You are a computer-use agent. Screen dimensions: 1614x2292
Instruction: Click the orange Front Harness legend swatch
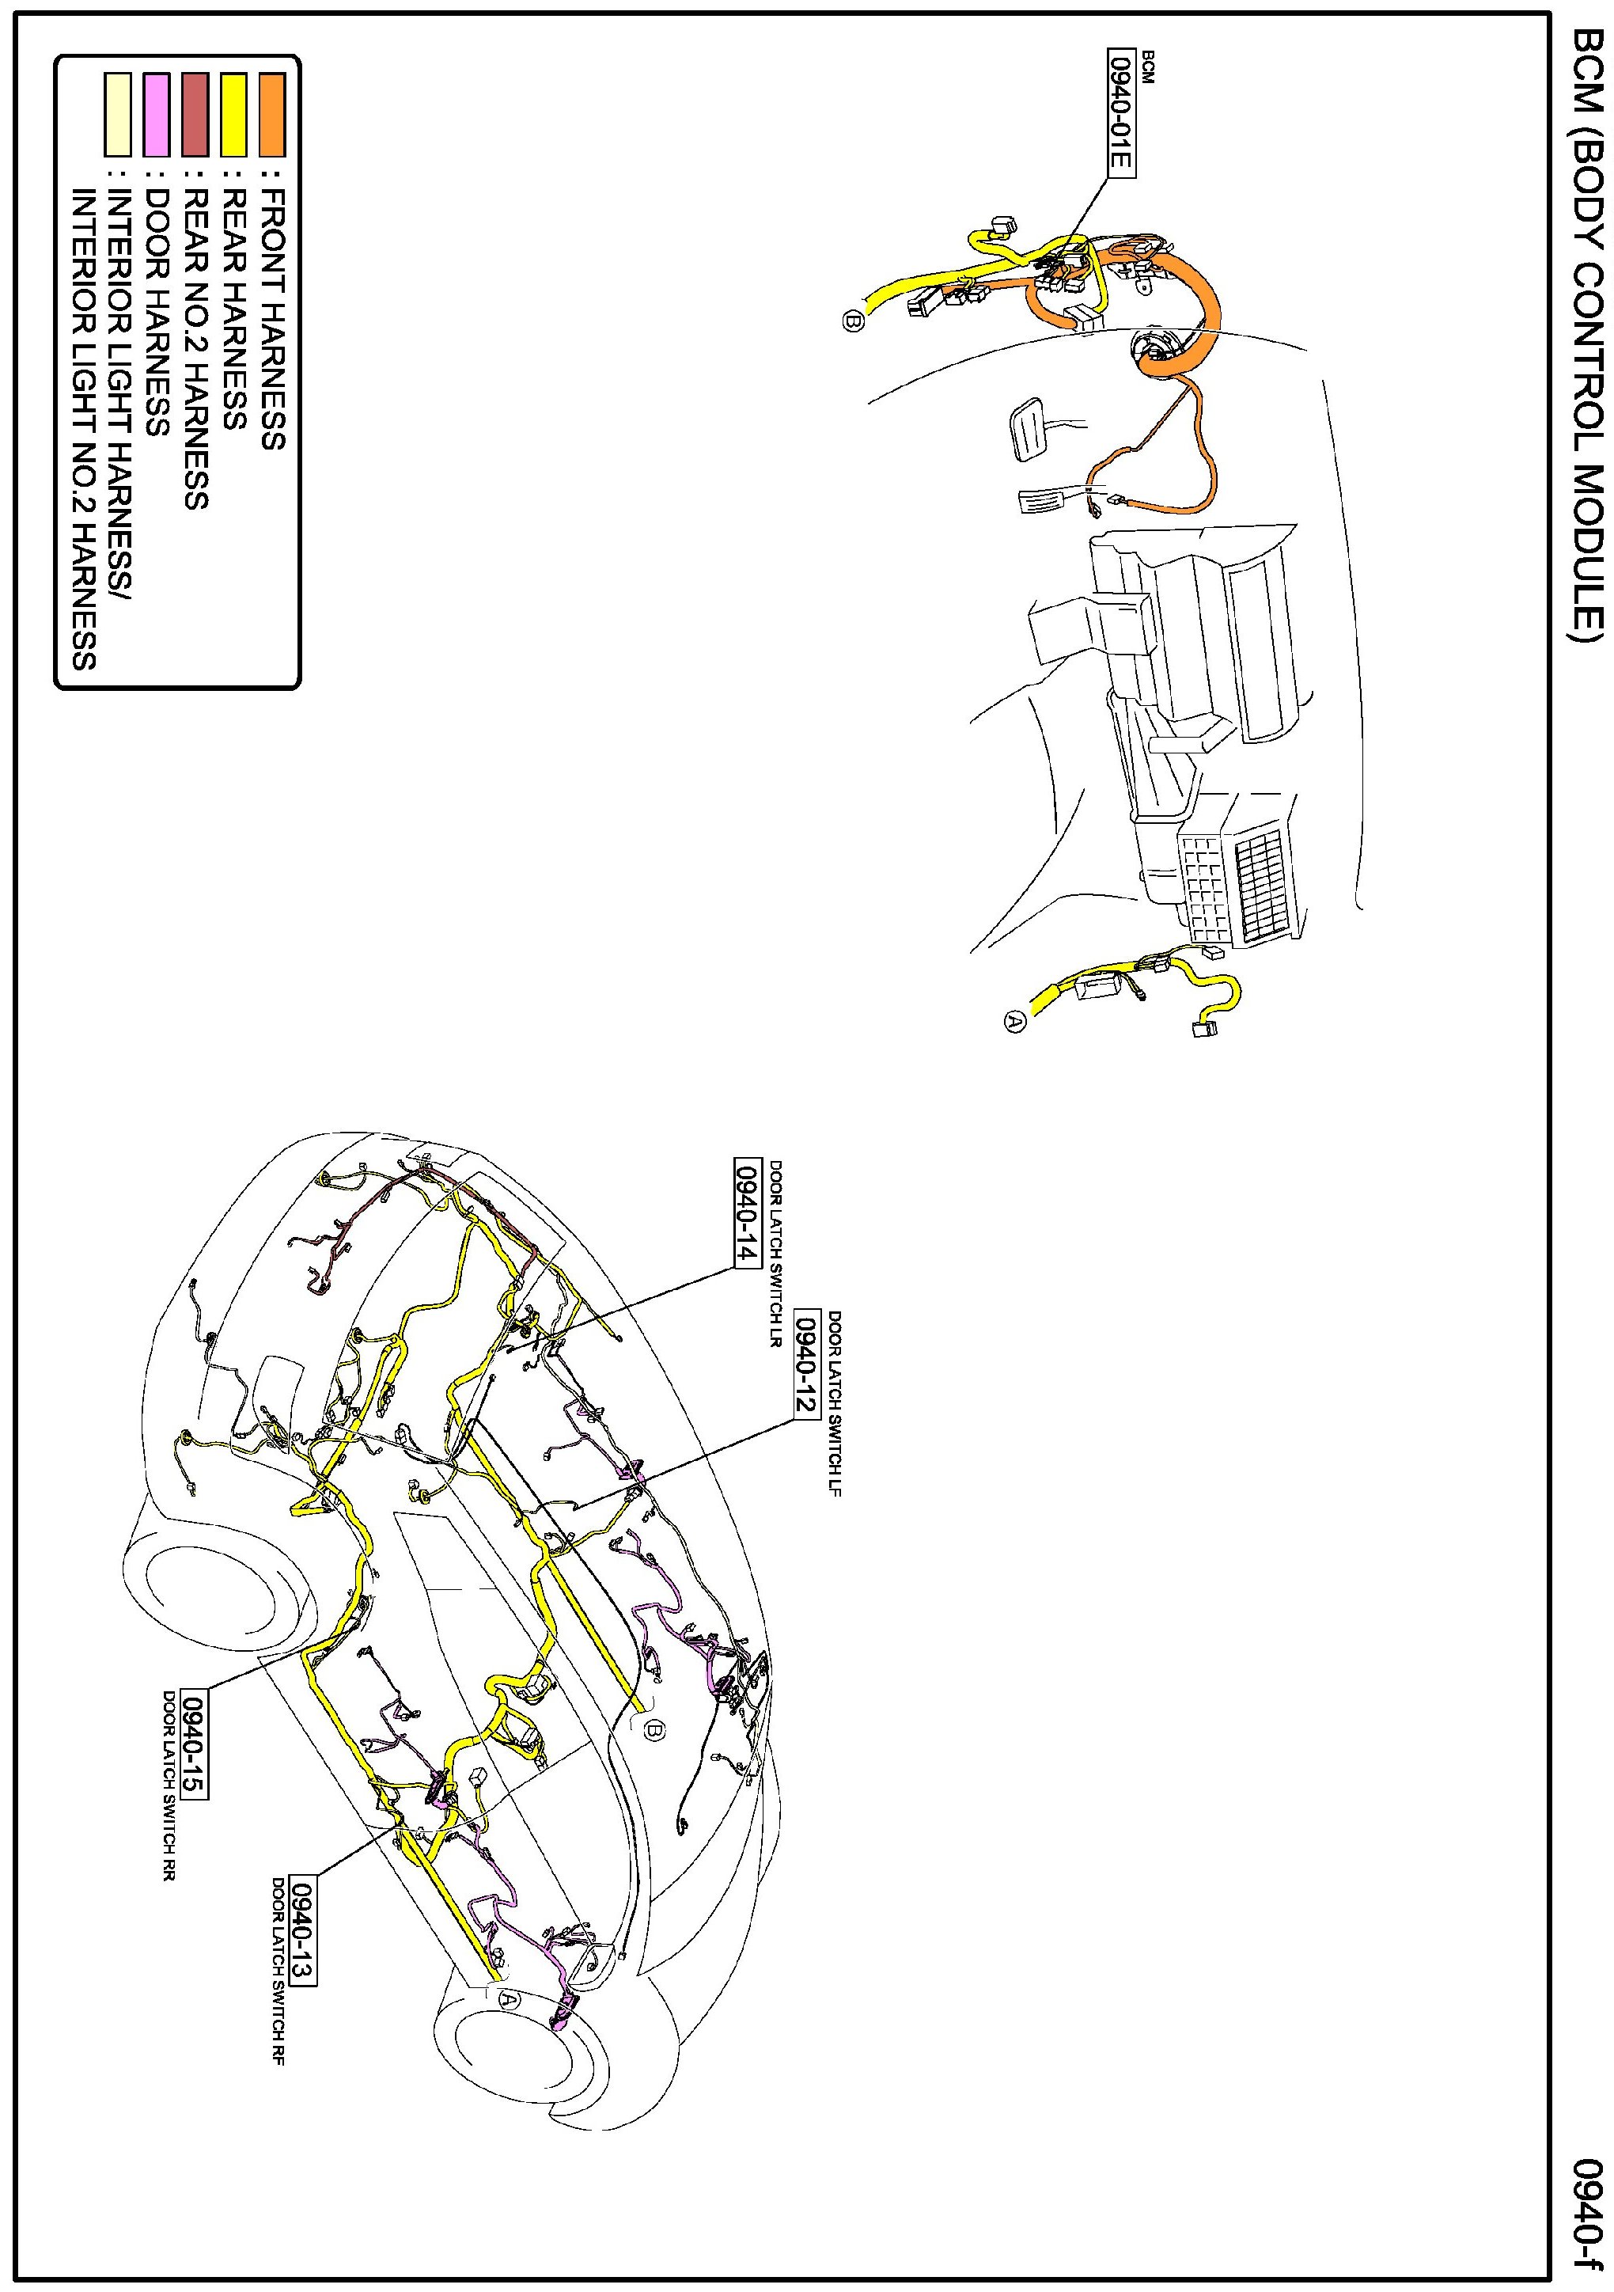tap(271, 115)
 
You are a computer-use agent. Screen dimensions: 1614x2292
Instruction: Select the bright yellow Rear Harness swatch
tap(233, 115)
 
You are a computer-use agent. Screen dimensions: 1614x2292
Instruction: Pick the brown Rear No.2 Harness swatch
tap(195, 115)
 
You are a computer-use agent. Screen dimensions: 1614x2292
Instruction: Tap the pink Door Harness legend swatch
tap(157, 115)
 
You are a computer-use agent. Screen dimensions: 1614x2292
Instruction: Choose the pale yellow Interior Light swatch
tap(118, 115)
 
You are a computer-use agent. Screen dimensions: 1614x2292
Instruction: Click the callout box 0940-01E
tap(1122, 111)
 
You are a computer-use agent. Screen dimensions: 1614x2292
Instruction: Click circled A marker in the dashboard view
tap(1014, 1021)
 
